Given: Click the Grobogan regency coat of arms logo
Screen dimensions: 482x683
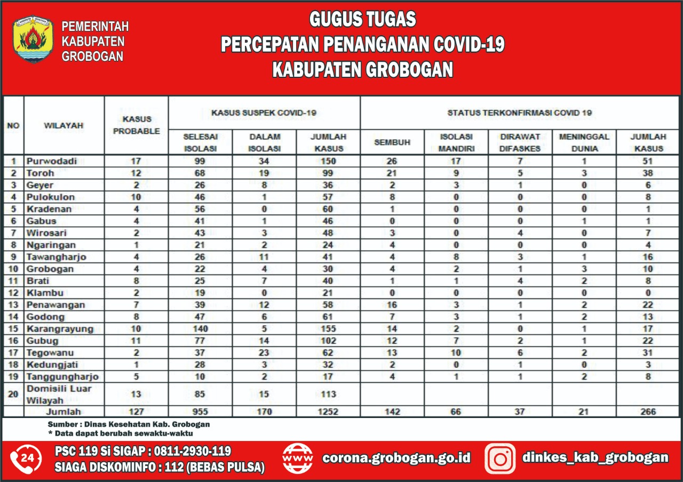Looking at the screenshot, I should pyautogui.click(x=33, y=39).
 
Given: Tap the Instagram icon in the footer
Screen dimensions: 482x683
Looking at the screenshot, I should pyautogui.click(x=500, y=459).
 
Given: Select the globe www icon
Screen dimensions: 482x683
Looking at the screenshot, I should pyautogui.click(x=298, y=459).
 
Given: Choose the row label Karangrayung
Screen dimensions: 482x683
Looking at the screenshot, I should pyautogui.click(x=60, y=329).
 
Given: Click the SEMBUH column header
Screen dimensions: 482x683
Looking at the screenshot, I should pyautogui.click(x=392, y=143).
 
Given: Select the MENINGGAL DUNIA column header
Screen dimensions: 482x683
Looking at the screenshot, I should pyautogui.click(x=584, y=143).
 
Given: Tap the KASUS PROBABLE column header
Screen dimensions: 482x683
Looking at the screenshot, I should pyautogui.click(x=137, y=125).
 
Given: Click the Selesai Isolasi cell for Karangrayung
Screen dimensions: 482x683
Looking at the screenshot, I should pyautogui.click(x=201, y=329).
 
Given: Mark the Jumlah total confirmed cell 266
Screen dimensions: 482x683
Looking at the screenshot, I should pyautogui.click(x=648, y=412).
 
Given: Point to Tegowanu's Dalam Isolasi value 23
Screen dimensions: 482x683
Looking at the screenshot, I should pyautogui.click(x=265, y=353).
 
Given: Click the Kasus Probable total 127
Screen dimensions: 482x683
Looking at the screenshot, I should pyautogui.click(x=137, y=412).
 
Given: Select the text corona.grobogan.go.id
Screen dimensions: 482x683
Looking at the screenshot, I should pyautogui.click(x=396, y=458).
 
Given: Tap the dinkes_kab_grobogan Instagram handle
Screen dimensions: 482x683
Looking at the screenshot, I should pyautogui.click(x=595, y=457).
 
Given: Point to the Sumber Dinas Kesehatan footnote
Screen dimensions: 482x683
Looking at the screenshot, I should pyautogui.click(x=129, y=424).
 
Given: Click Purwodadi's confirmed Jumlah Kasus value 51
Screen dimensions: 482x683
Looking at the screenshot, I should pyautogui.click(x=648, y=161).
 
